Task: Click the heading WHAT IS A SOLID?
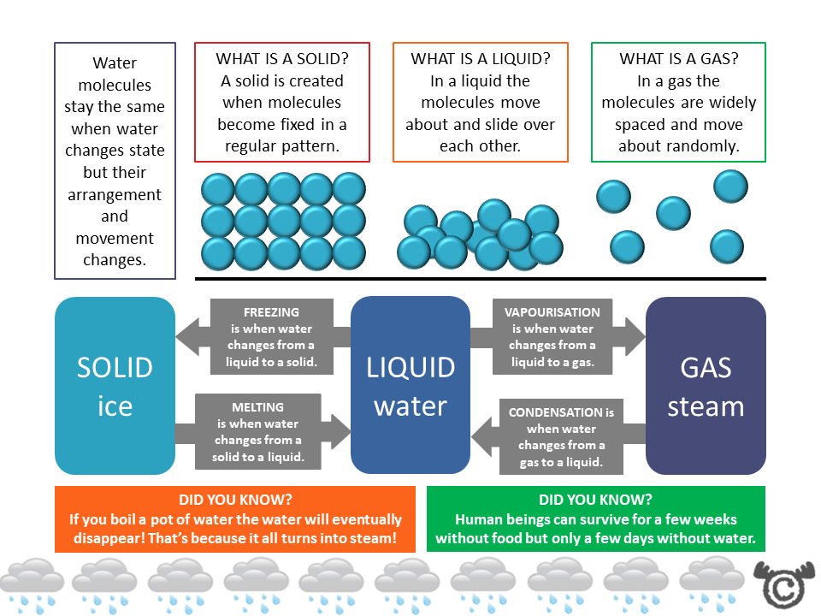[x=281, y=59]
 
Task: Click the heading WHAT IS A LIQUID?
[x=480, y=59]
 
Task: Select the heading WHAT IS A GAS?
[x=678, y=59]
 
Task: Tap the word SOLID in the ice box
[x=115, y=367]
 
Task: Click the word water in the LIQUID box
[x=410, y=406]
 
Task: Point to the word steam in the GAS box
[x=706, y=406]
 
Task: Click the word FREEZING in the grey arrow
[x=271, y=312]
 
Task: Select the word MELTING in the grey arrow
[x=257, y=407]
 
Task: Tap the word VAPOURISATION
[x=552, y=312]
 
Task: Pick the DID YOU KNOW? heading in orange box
[x=234, y=500]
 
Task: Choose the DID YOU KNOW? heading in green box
[x=595, y=500]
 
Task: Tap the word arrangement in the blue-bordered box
[x=115, y=194]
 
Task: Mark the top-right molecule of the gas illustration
[x=730, y=186]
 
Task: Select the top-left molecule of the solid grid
[x=218, y=189]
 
